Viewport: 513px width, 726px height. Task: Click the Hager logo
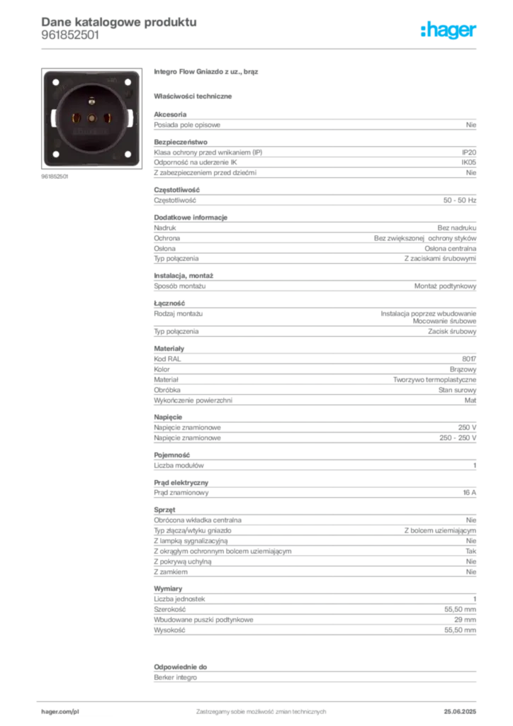coord(448,30)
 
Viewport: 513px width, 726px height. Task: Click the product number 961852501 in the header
coord(70,35)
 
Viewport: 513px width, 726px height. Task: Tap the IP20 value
coord(468,152)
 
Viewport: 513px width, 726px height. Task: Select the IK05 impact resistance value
coord(468,162)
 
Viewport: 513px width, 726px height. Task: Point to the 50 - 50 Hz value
coord(459,201)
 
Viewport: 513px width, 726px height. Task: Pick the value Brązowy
coord(463,369)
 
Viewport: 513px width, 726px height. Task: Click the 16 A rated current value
coord(469,493)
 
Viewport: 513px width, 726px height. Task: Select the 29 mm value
coord(465,620)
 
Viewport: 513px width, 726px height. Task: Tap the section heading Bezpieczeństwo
coord(181,142)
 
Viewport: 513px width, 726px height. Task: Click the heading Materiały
coord(169,349)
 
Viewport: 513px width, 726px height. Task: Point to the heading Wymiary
coord(168,588)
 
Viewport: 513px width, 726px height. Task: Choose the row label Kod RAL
coord(167,359)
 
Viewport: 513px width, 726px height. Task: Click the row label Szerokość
coord(169,609)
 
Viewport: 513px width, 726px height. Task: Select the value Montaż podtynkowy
coord(445,286)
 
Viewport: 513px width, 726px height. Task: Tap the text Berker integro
coord(175,677)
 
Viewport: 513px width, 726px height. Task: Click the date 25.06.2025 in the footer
coord(460,712)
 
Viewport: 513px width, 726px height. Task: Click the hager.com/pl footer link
coord(60,712)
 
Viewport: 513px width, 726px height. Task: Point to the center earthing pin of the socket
coord(91,101)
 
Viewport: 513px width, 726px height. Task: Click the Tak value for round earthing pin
coord(471,552)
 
